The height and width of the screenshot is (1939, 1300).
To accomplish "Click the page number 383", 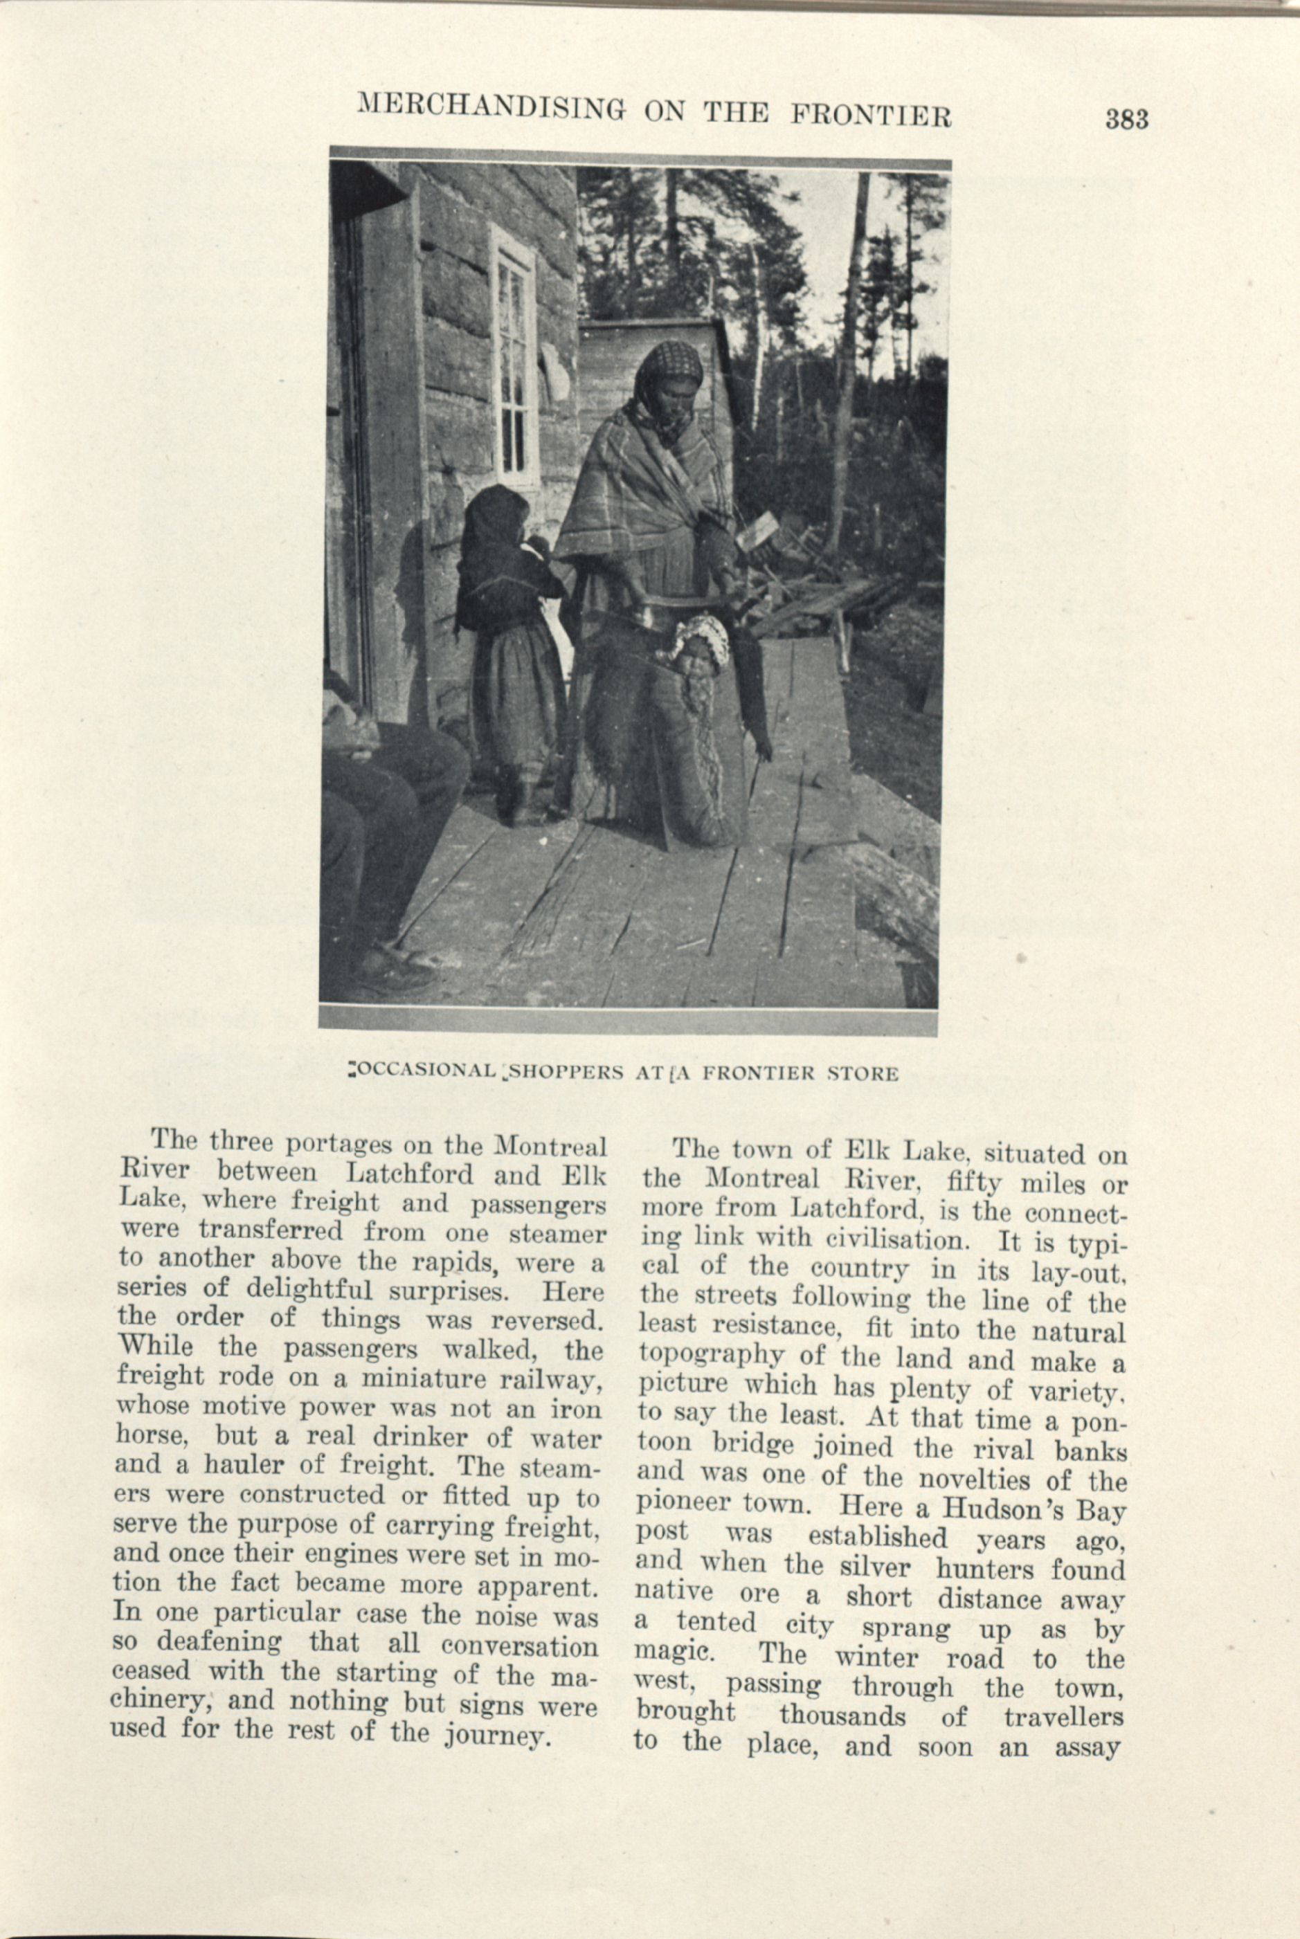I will (1127, 121).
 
